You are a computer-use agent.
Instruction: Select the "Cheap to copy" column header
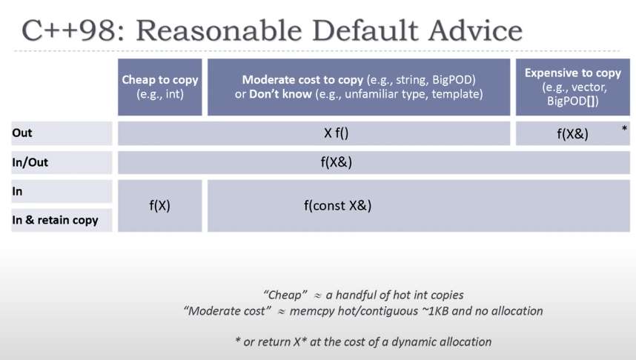[159, 80]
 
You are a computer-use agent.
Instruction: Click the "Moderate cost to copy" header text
[299, 80]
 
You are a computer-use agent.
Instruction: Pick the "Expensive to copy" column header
[572, 73]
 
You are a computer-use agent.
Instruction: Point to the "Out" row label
[22, 133]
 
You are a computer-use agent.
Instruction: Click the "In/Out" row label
[30, 161]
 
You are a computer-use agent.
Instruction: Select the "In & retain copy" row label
[55, 220]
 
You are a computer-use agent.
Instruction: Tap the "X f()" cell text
[336, 133]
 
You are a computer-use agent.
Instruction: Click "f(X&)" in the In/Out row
[336, 162]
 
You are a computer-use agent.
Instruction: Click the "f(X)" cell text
[159, 206]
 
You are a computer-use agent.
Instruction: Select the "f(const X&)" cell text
[337, 206]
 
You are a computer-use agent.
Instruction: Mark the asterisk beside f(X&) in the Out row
[624, 130]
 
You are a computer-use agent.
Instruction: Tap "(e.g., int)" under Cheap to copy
[160, 94]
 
